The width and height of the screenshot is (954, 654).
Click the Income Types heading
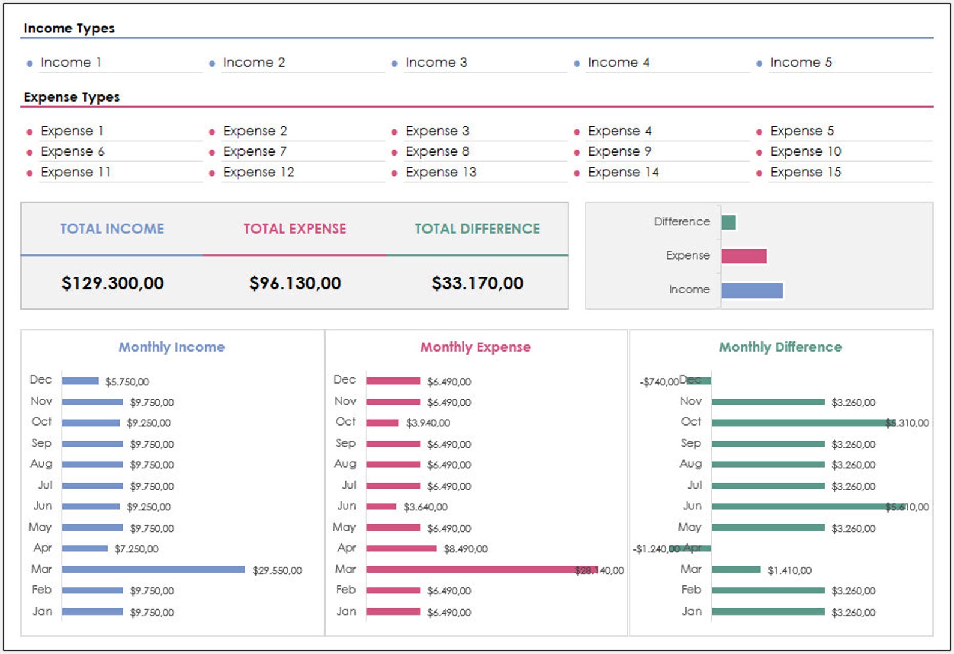coord(68,28)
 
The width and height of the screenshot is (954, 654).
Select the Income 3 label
coord(436,63)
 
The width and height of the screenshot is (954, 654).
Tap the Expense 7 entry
coord(255,151)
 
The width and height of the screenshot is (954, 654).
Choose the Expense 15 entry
coord(806,172)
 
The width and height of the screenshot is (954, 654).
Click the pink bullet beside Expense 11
coord(29,173)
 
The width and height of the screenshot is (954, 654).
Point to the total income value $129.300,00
coord(112,283)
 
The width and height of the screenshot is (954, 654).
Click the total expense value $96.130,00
coord(295,283)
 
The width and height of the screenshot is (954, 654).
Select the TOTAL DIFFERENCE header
coord(477,229)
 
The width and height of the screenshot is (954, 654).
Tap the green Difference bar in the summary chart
coord(728,222)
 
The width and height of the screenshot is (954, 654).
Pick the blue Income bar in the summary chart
coord(752,290)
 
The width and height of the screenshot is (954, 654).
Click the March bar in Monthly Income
coord(153,569)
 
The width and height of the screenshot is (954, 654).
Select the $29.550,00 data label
coord(277,570)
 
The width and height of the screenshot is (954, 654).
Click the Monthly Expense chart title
coord(475,347)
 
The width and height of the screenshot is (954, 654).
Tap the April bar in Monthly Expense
coord(401,548)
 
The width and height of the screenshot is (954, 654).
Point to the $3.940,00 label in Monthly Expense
coord(428,423)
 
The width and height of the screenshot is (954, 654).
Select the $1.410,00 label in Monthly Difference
coord(789,570)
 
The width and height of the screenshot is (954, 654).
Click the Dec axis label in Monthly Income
coord(41,380)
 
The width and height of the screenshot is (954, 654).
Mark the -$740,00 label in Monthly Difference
coord(659,382)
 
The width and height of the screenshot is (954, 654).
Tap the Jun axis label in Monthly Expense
coord(347,506)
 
